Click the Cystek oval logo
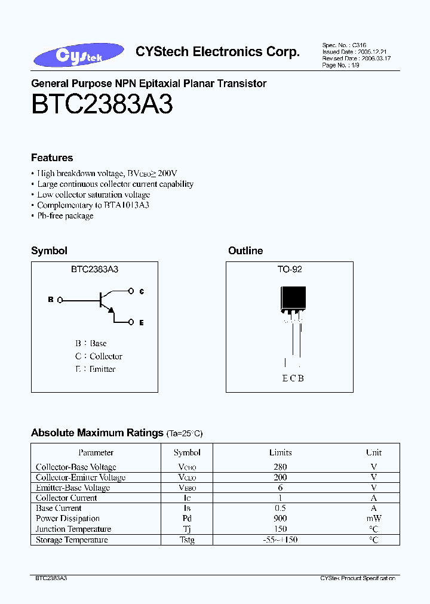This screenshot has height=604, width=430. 79,55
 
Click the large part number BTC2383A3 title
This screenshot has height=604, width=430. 102,105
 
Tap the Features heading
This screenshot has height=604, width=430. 52,158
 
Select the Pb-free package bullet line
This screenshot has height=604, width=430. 65,215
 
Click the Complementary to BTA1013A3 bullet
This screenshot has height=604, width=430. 93,205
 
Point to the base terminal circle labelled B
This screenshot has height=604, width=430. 60,300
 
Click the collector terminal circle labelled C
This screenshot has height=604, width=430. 132,291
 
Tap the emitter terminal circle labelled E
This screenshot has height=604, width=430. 132,322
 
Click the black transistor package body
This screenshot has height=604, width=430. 293,298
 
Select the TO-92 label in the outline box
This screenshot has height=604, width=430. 290,269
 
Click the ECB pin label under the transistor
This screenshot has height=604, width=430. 293,378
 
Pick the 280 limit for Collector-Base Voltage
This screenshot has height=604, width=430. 280,467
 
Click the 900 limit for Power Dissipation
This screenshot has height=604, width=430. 280,519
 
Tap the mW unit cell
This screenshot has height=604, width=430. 374,519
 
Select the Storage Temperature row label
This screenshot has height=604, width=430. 72,540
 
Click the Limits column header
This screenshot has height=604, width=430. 280,452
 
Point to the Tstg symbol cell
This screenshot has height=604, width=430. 187,540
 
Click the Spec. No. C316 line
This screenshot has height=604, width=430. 344,45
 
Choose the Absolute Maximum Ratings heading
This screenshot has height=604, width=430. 97,433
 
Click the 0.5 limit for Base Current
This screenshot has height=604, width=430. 280,508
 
